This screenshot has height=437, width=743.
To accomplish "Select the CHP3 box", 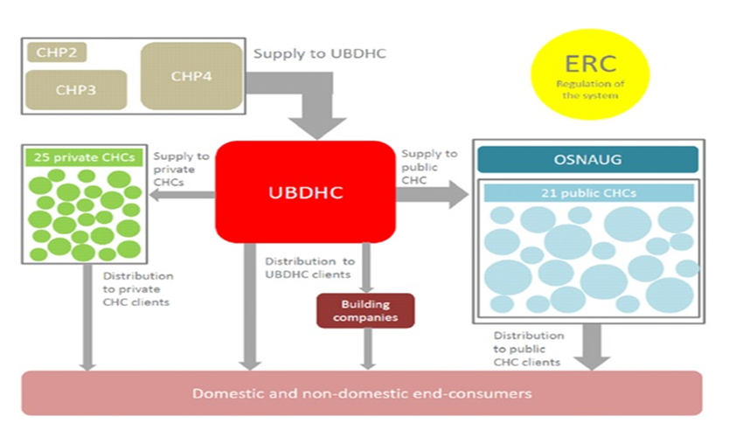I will pyautogui.click(x=75, y=89).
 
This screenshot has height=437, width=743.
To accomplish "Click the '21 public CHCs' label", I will pyautogui.click(x=587, y=193).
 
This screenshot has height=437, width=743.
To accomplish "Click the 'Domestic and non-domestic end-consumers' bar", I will pyautogui.click(x=362, y=393).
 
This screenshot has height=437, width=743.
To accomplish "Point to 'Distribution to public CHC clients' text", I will pyautogui.click(x=529, y=348).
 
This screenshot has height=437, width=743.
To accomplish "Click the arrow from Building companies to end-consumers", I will pyautogui.click(x=368, y=349).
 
